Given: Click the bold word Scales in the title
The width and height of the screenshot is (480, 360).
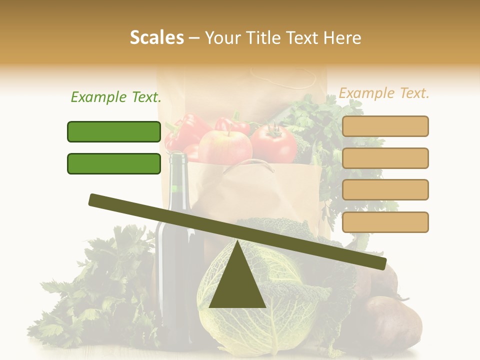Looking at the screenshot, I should click(156, 38).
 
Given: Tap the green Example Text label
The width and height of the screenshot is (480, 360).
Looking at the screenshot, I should click(116, 97).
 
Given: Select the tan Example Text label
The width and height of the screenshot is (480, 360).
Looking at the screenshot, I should click(384, 93).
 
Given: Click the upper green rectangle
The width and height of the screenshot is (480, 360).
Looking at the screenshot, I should click(114, 131).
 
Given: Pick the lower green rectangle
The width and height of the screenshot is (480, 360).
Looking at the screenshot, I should click(114, 163).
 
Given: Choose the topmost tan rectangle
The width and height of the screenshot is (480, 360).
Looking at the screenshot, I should click(385, 126).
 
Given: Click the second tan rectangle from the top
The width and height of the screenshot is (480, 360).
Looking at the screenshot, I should click(385, 158).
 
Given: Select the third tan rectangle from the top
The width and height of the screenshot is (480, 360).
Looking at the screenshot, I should click(385, 189).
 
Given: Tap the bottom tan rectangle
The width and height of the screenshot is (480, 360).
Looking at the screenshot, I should click(385, 222).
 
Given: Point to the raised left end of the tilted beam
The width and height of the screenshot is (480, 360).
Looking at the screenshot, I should click(95, 199).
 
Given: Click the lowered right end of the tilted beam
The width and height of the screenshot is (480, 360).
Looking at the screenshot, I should click(380, 262).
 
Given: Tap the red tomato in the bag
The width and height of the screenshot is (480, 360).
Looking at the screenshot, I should click(274, 143).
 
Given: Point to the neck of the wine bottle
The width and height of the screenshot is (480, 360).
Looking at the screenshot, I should click(177, 175).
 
